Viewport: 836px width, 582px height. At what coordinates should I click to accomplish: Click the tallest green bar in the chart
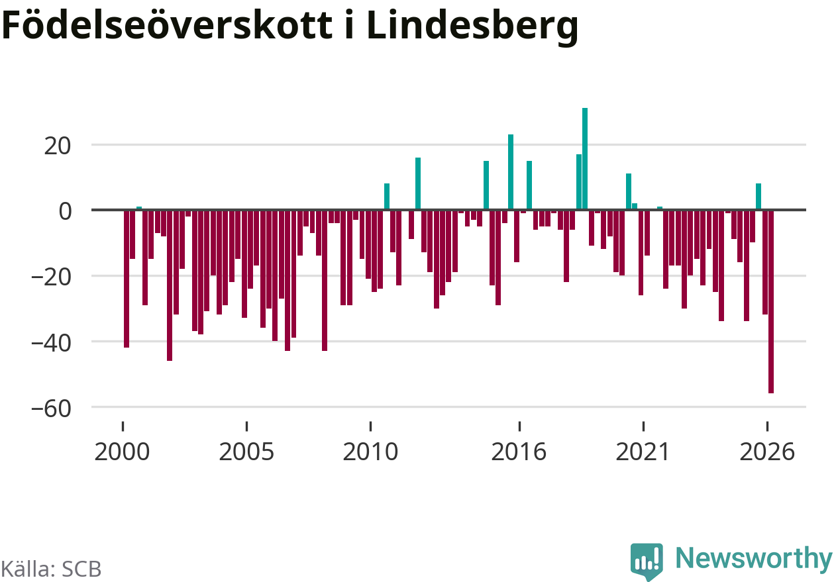tap(585, 158)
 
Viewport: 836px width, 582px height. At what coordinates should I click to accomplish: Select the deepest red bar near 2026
tap(770, 301)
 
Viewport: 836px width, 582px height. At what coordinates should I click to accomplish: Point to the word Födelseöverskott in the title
tap(167, 24)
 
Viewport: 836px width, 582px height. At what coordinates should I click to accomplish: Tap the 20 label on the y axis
tap(57, 146)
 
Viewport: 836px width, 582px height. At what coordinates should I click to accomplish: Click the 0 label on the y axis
tap(65, 211)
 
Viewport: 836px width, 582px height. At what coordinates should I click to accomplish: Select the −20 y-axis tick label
tap(51, 277)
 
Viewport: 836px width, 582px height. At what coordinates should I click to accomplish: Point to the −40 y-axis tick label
tap(51, 343)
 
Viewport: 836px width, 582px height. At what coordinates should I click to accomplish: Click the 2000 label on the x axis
tap(122, 452)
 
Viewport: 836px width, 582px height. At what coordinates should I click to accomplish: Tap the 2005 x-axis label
tap(246, 452)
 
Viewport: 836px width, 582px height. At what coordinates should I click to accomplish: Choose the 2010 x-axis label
tap(370, 452)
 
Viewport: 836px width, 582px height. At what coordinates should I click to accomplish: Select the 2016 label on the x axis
tap(519, 452)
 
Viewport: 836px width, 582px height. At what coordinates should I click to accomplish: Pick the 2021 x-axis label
tap(643, 452)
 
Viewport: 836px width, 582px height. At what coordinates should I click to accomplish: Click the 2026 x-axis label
tap(767, 452)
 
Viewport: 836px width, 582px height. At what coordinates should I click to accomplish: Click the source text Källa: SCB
tap(51, 569)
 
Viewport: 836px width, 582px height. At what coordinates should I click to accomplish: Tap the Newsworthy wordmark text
tap(754, 559)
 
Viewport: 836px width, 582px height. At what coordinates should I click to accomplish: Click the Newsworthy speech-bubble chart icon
tap(647, 561)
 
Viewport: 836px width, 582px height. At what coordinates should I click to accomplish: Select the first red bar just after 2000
tap(127, 279)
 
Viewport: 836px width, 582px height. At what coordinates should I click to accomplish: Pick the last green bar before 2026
tap(758, 197)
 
